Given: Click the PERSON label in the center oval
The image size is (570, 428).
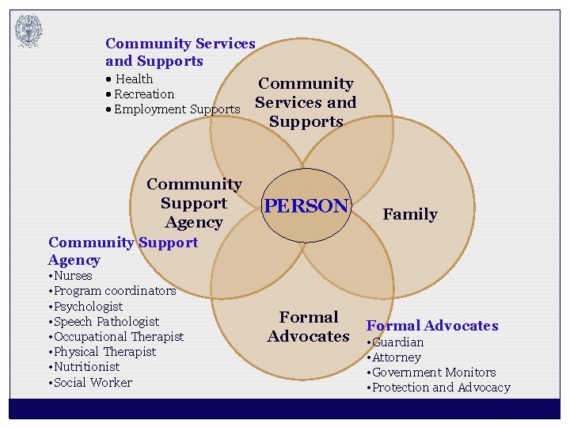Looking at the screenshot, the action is click(306, 206).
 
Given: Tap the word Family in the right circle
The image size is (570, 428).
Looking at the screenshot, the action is click(409, 214).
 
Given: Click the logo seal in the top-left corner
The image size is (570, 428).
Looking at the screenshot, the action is click(28, 31).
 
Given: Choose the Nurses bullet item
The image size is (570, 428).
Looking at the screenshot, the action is click(72, 276).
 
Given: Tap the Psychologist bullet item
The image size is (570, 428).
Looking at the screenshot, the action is click(87, 306).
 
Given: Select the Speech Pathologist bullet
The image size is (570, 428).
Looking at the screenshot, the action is click(105, 321).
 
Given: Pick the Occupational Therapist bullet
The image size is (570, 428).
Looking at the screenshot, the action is click(118, 336).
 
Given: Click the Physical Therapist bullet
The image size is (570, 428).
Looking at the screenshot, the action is click(104, 351).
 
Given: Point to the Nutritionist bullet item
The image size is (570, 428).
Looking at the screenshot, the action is click(85, 366).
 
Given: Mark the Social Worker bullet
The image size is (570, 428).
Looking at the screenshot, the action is click(92, 382).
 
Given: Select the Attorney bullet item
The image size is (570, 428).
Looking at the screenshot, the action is click(396, 357).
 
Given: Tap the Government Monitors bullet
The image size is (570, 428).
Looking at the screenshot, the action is click(433, 373).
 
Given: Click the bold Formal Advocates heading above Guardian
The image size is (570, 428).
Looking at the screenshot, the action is click(432, 326).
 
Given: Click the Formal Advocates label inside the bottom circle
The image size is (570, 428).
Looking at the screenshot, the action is click(308, 327).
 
